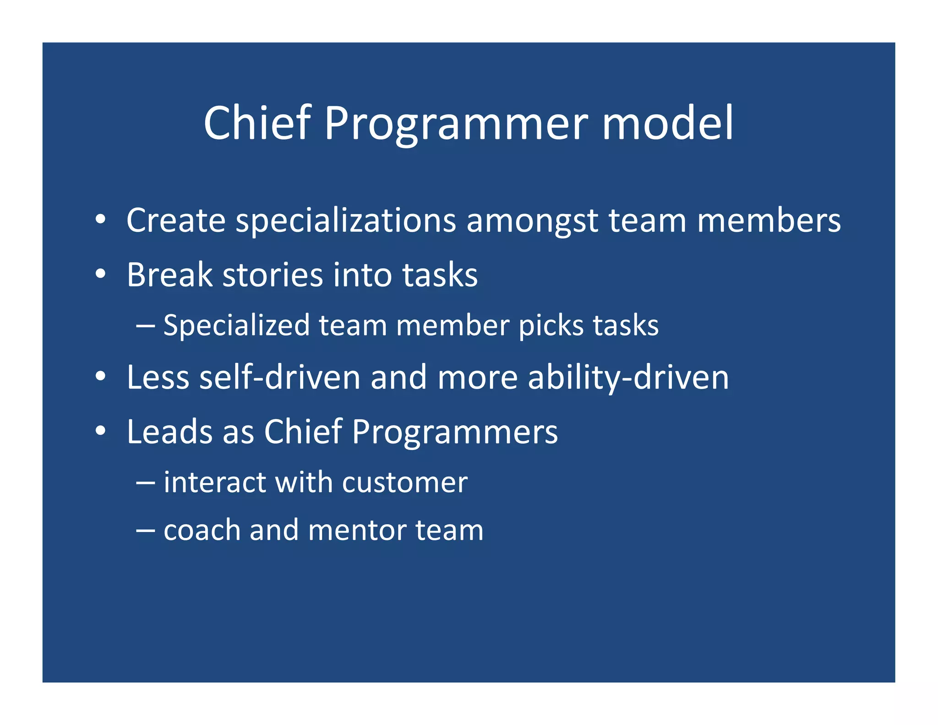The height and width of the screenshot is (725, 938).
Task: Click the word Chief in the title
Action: coord(257,123)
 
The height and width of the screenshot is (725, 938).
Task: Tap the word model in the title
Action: coord(668,123)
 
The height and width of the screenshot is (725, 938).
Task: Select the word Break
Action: coord(169,275)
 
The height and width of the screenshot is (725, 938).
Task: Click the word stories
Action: coord(273,275)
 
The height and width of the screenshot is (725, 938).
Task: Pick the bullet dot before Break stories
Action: coord(101,274)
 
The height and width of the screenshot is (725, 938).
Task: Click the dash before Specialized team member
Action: coord(146,326)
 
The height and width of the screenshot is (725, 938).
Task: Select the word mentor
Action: coord(357,530)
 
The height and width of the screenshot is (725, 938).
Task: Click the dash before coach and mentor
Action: coord(146,530)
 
